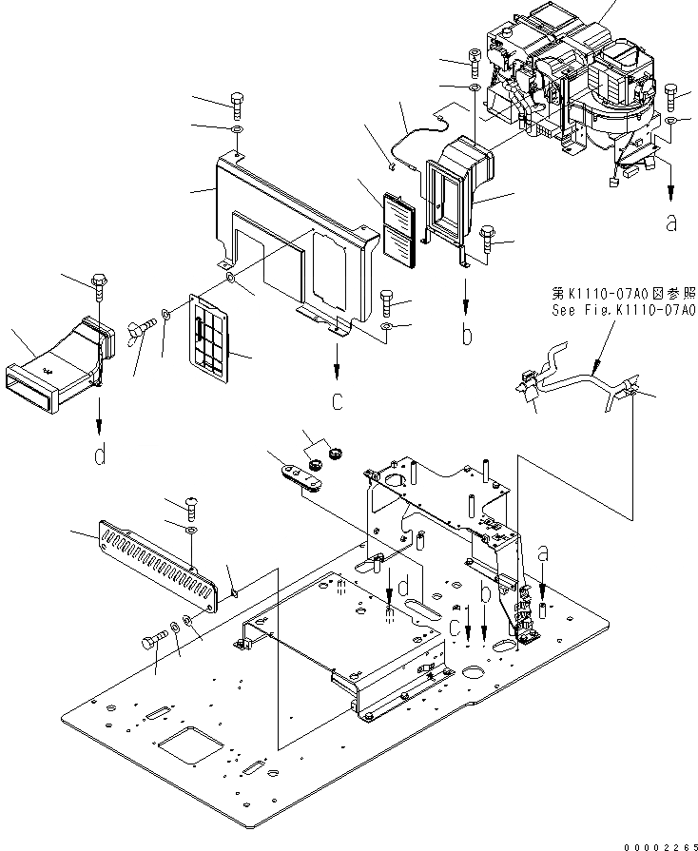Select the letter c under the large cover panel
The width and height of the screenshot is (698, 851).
click(337, 401)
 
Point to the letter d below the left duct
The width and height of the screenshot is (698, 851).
click(101, 456)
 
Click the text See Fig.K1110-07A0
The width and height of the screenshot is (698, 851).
click(623, 309)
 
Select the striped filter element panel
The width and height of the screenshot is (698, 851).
click(399, 231)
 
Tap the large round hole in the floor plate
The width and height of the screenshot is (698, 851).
click(475, 674)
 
